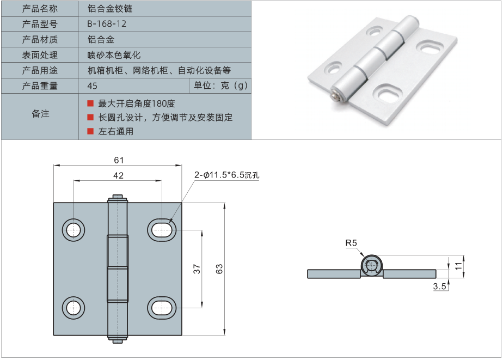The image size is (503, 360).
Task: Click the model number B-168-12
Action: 107,24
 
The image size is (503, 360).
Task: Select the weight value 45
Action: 92,86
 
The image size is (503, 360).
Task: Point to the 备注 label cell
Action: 40,114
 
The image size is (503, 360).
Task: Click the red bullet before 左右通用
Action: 90,131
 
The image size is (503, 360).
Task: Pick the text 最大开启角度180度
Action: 137,103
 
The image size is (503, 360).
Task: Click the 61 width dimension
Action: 119,160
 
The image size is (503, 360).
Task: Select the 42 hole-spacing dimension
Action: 118,175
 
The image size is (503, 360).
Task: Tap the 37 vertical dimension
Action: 197,268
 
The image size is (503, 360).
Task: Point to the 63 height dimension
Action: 219,269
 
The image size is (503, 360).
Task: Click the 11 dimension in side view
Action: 459,266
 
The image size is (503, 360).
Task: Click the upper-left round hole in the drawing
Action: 73,230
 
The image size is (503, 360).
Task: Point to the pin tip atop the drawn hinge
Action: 118,198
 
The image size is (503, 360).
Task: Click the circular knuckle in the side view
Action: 372,266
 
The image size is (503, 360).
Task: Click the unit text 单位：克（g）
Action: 220,86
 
